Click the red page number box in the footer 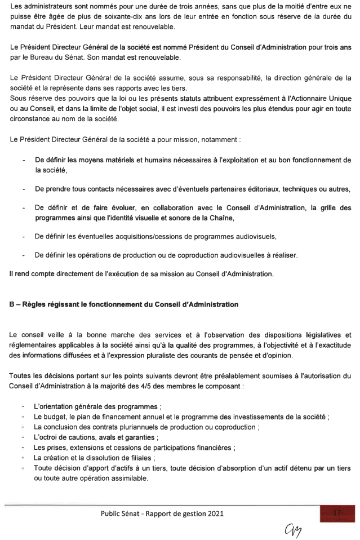[x=337, y=513]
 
